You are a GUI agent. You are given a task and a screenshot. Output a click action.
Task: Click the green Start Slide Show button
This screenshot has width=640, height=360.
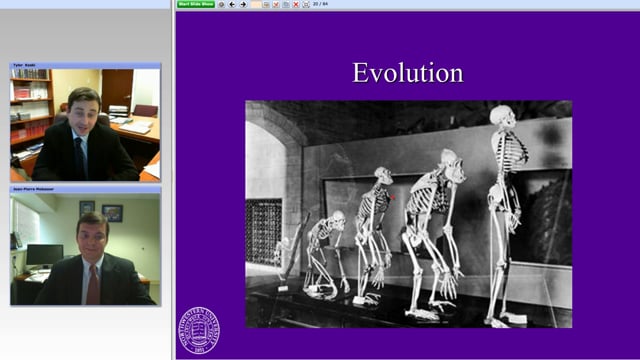point(196,4)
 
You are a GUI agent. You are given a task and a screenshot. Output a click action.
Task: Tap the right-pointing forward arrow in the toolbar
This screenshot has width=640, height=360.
point(243,4)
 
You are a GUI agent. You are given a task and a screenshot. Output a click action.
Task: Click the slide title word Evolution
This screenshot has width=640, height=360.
point(407,72)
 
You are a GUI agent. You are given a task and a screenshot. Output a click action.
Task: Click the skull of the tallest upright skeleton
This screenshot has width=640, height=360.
point(502,117)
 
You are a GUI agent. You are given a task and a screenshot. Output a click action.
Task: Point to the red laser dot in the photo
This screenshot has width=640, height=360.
point(393,197)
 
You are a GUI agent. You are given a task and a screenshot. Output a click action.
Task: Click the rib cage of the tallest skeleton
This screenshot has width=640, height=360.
point(509,155)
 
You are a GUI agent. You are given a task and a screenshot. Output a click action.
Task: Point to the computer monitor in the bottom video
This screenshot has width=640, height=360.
point(44,256)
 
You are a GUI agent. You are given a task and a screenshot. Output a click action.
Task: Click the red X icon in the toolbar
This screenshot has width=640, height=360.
point(295,4)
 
